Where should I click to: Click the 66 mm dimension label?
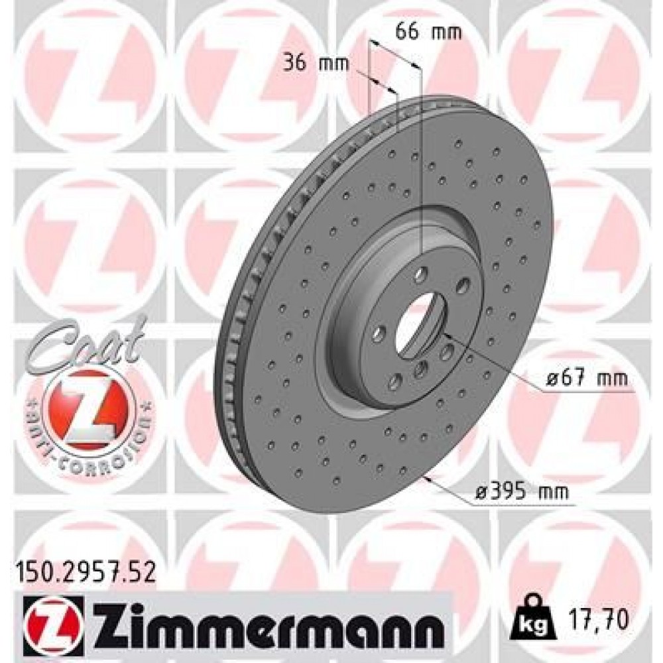[x=420, y=31]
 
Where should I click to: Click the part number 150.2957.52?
[x=84, y=568]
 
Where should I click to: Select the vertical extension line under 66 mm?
[x=421, y=159]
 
